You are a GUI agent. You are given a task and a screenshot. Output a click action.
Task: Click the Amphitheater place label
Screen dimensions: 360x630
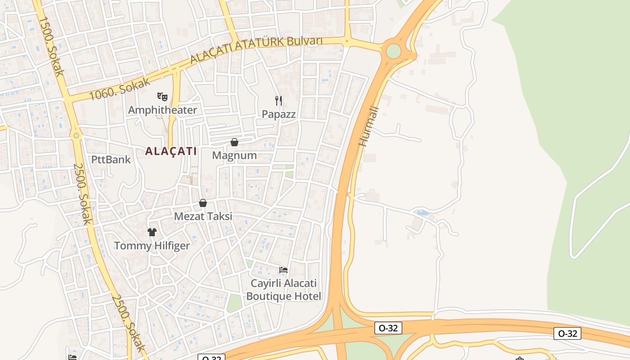[x=162, y=110]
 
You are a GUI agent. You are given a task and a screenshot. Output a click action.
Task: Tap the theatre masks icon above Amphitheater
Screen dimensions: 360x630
[x=162, y=96]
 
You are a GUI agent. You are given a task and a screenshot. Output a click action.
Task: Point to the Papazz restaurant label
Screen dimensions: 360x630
[x=279, y=114]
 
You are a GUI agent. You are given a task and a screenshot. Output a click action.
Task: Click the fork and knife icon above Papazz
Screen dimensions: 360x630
[x=279, y=100]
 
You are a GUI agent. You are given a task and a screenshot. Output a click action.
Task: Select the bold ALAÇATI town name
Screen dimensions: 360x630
[x=171, y=151]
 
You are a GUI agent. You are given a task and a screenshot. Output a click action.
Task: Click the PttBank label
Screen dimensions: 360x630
[x=111, y=159]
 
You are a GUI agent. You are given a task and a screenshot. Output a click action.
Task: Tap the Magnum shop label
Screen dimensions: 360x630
[x=234, y=156]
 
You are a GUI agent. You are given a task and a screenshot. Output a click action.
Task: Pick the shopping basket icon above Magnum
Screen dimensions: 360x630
[x=234, y=142]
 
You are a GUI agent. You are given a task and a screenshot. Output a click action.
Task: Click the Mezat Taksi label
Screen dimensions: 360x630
[x=203, y=216]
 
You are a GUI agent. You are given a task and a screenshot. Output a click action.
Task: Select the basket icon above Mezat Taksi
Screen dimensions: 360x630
[x=203, y=203]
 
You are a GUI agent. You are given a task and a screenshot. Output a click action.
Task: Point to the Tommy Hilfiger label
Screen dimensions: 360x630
[x=152, y=246]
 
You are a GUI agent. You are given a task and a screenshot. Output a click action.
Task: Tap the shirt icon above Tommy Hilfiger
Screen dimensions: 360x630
[x=152, y=232]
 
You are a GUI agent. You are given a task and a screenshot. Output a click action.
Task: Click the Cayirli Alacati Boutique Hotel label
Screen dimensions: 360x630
[x=284, y=290]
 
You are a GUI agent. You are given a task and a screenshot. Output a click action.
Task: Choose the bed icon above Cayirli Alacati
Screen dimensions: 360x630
[x=283, y=270]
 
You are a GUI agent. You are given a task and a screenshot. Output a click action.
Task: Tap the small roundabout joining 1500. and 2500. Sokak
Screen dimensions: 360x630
[x=76, y=135]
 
